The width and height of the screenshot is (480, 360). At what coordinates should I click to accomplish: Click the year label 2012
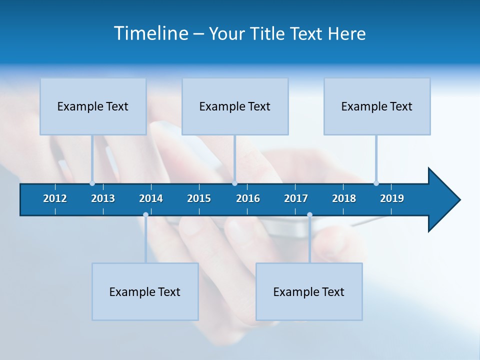(55, 198)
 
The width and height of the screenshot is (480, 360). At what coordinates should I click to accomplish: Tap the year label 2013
(103, 198)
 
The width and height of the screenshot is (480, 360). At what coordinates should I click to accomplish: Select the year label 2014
(151, 198)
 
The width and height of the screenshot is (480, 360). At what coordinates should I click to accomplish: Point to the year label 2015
(199, 198)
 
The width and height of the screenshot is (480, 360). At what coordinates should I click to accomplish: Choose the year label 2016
(248, 198)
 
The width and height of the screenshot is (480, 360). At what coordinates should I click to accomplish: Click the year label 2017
(296, 198)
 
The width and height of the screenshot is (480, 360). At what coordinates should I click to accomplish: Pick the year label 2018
(344, 198)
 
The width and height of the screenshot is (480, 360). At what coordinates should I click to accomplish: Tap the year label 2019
(392, 198)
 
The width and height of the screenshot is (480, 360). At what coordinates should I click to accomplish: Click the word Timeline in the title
(150, 33)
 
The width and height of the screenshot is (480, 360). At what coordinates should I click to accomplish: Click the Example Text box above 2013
(93, 106)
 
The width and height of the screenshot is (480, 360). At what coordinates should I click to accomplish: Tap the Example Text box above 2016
(235, 106)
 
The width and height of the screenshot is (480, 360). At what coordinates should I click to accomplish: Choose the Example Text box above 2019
(377, 106)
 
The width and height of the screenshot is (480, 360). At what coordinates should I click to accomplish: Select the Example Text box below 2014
(145, 291)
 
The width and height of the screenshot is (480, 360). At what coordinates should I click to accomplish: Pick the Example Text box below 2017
(309, 291)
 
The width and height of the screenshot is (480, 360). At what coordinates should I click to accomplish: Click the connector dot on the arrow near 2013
(92, 183)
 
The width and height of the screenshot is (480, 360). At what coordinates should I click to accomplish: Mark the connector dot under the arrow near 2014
(145, 215)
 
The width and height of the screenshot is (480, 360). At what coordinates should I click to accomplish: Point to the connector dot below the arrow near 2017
(309, 215)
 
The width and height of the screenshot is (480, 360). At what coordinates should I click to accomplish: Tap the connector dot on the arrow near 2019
(376, 183)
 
